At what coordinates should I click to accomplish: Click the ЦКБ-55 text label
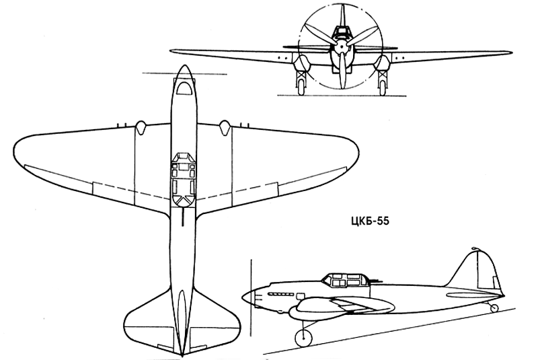tap(370, 221)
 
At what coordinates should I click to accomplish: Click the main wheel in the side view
tap(304, 337)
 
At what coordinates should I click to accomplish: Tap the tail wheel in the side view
tap(494, 308)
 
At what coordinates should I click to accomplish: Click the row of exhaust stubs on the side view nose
tap(281, 294)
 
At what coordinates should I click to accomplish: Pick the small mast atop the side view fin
tap(475, 248)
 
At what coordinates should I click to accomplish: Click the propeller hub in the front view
tap(341, 47)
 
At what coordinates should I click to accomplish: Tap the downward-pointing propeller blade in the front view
tap(342, 71)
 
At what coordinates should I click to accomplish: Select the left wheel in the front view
tap(301, 87)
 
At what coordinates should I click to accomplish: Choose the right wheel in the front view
tap(382, 87)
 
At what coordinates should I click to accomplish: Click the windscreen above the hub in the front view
tap(341, 32)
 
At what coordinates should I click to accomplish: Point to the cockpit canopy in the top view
tap(184, 178)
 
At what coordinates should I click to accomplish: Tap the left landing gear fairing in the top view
tap(141, 127)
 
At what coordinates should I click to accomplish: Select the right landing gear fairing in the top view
tap(225, 127)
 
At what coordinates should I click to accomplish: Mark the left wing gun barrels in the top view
tap(122, 125)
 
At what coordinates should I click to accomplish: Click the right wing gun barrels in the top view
tap(244, 125)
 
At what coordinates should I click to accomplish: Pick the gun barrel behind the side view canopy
tap(377, 281)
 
